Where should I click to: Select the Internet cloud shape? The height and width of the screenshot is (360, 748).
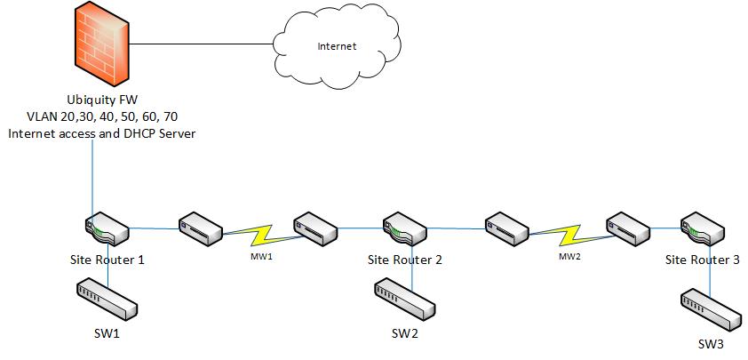point(337,45)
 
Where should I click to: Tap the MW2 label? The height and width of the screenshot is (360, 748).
point(569,256)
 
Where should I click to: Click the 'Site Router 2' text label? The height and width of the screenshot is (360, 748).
point(404,260)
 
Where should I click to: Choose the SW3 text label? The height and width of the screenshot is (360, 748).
point(712,344)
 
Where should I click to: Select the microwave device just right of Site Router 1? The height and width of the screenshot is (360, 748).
point(200,229)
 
